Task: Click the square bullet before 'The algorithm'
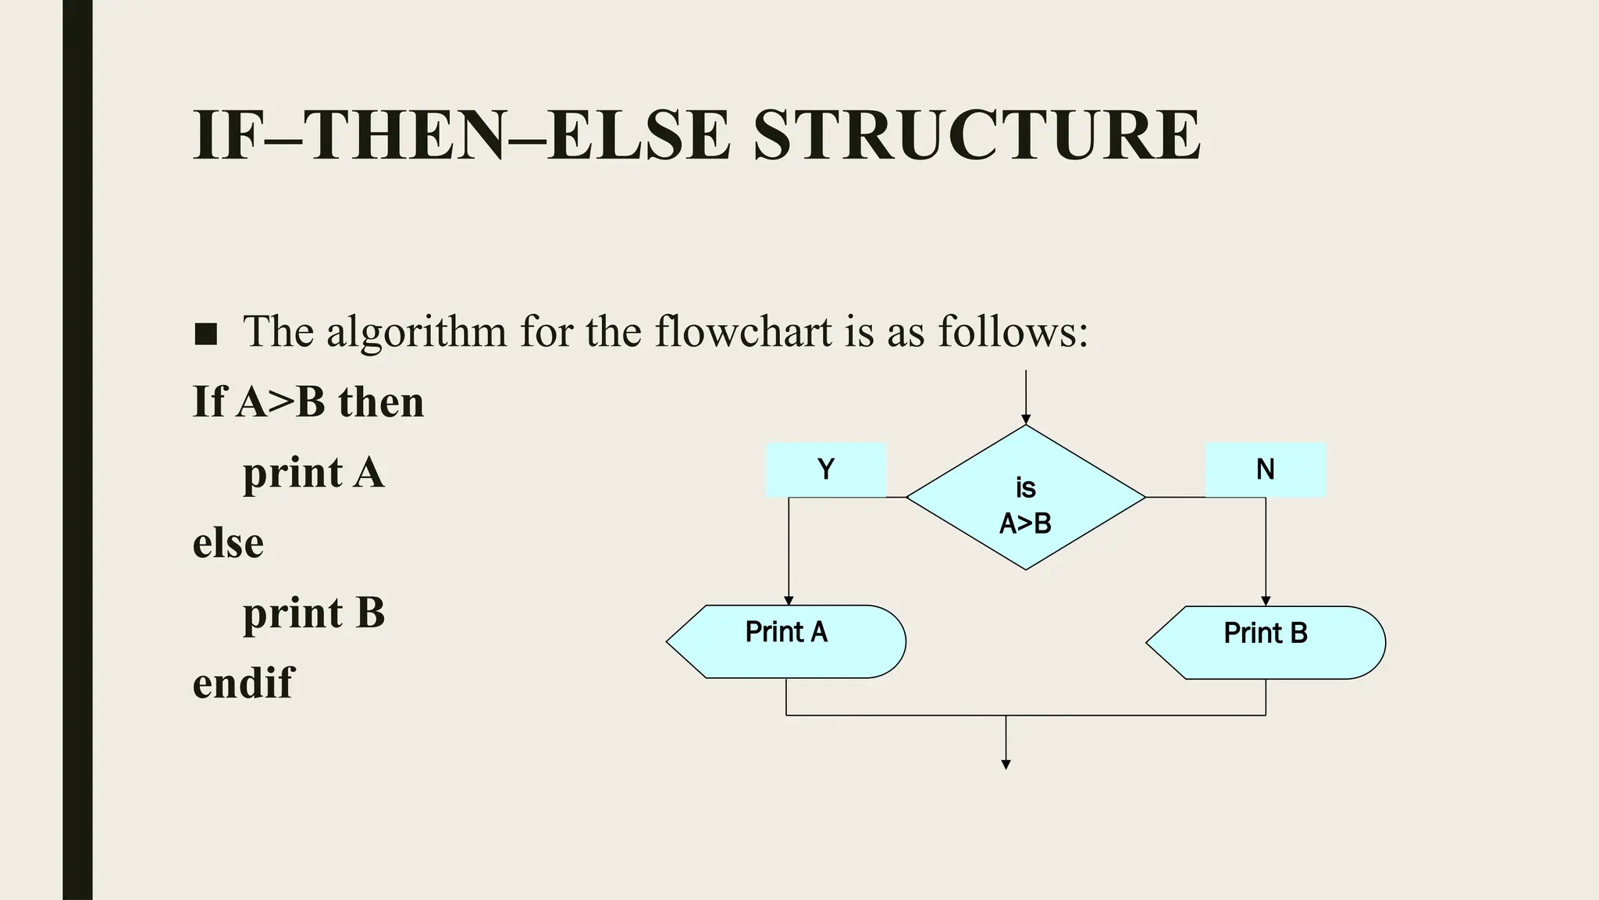[x=205, y=334]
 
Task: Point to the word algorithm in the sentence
[x=416, y=333]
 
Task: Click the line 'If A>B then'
[x=308, y=402]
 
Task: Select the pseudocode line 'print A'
[x=314, y=473]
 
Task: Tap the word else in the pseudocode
[x=228, y=543]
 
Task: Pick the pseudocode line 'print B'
[x=314, y=613]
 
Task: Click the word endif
[x=243, y=683]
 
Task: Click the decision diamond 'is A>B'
[x=1025, y=498]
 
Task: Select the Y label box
[x=825, y=470]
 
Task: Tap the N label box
[x=1265, y=470]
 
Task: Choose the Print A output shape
[x=786, y=641]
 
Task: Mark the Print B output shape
[x=1266, y=642]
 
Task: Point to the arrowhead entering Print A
[x=789, y=600]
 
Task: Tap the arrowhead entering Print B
[x=1266, y=601]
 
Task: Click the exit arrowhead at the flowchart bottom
[x=1006, y=765]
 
